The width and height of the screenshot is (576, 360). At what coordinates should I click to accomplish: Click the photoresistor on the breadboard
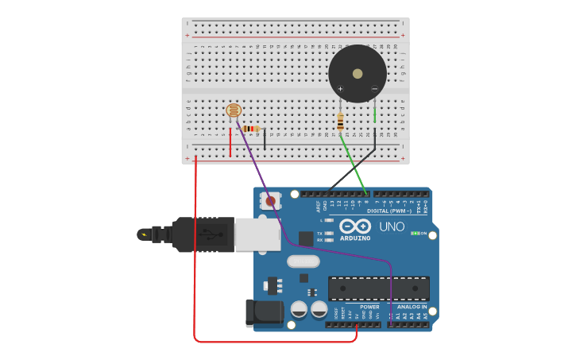pyautogui.click(x=234, y=111)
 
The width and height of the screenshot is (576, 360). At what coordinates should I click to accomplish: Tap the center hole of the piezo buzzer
pyautogui.click(x=358, y=73)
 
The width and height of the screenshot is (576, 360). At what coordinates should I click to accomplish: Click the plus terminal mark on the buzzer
pyautogui.click(x=341, y=88)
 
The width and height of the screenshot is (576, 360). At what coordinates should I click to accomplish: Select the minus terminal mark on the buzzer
pyautogui.click(x=374, y=88)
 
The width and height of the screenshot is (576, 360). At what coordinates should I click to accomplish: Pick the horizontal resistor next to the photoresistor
pyautogui.click(x=251, y=129)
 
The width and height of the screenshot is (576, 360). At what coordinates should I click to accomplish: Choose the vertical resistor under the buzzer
pyautogui.click(x=341, y=122)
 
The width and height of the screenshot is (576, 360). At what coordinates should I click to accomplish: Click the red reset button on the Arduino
pyautogui.click(x=271, y=201)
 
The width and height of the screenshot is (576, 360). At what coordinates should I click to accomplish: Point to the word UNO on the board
pyautogui.click(x=391, y=226)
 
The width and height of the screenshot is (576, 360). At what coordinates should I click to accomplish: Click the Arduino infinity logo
pyautogui.click(x=355, y=226)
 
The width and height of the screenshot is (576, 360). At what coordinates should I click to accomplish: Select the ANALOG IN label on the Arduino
pyautogui.click(x=412, y=307)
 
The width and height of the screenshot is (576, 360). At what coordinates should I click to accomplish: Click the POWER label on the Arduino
pyautogui.click(x=369, y=307)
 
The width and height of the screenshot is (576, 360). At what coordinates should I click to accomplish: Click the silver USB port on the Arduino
pyautogui.click(x=257, y=234)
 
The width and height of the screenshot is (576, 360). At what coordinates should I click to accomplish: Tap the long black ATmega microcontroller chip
pyautogui.click(x=379, y=288)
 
